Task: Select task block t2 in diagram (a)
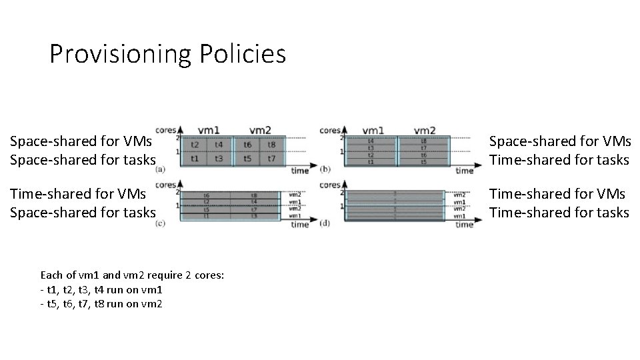(x=195, y=144)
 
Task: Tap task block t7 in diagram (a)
(x=272, y=158)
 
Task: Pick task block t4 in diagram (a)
(x=219, y=144)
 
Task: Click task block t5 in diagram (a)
(x=247, y=158)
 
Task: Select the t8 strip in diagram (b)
(x=424, y=141)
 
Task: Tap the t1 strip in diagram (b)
(x=371, y=163)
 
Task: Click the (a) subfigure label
(x=160, y=169)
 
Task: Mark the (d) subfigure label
(x=325, y=223)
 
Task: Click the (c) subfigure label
(x=160, y=223)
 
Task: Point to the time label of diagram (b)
(x=465, y=171)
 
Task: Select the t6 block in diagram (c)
(x=207, y=195)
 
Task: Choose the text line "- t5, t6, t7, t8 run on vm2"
(x=101, y=304)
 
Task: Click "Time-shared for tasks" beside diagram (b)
(x=559, y=160)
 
